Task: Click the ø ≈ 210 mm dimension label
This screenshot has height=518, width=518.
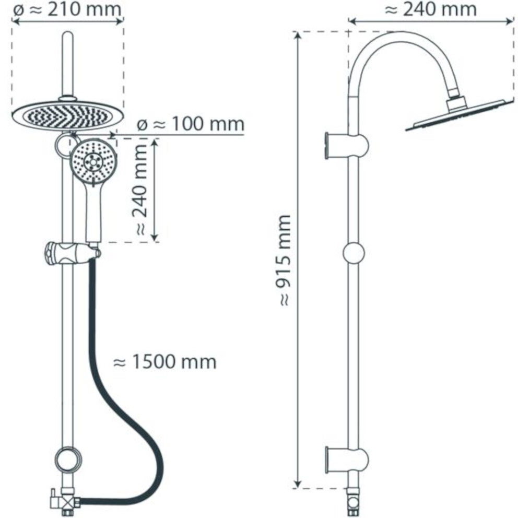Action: (67, 9)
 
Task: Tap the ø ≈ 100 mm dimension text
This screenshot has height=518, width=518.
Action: (191, 124)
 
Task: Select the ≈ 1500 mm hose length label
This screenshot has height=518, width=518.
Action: (164, 361)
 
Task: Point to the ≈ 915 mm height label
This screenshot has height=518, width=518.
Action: (285, 261)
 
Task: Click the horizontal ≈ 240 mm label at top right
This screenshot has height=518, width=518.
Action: (430, 9)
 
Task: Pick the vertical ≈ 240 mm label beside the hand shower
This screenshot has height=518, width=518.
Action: (140, 190)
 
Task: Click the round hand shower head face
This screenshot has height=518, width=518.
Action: (93, 161)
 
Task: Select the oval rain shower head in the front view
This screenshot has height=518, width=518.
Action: (68, 115)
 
